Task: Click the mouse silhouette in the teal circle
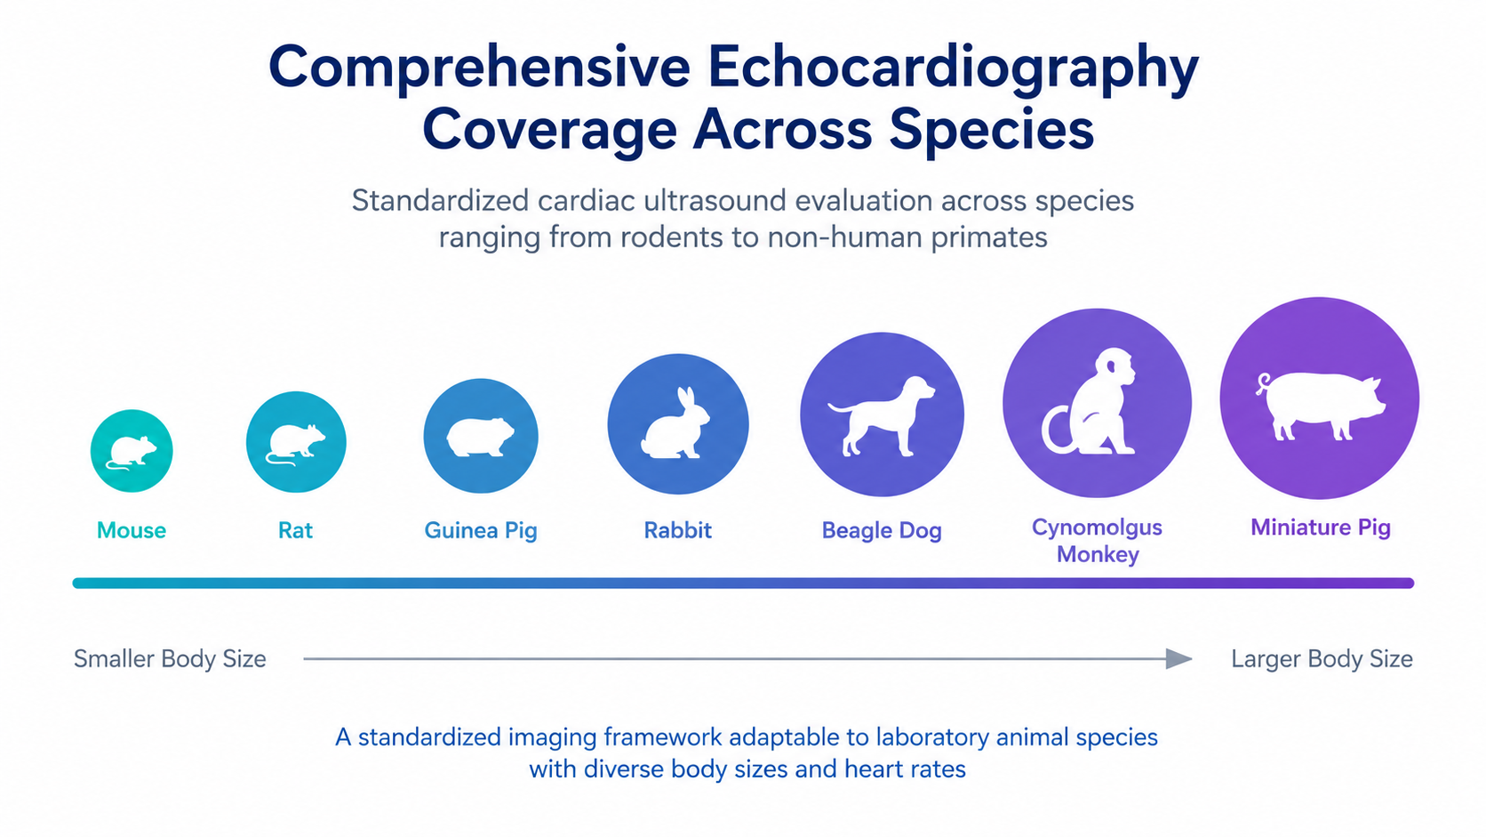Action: (x=132, y=452)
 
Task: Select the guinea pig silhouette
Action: (x=480, y=437)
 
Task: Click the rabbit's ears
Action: (x=685, y=402)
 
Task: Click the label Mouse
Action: (x=132, y=530)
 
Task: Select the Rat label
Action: (x=295, y=530)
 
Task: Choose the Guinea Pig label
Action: (x=480, y=531)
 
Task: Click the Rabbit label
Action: (x=677, y=530)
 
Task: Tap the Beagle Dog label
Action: (x=882, y=531)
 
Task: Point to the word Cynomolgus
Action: (x=1097, y=527)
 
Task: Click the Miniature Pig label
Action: (x=1320, y=527)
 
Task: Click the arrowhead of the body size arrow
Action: (x=1178, y=659)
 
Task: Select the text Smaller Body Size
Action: (x=170, y=659)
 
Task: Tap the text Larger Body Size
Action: (x=1322, y=659)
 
